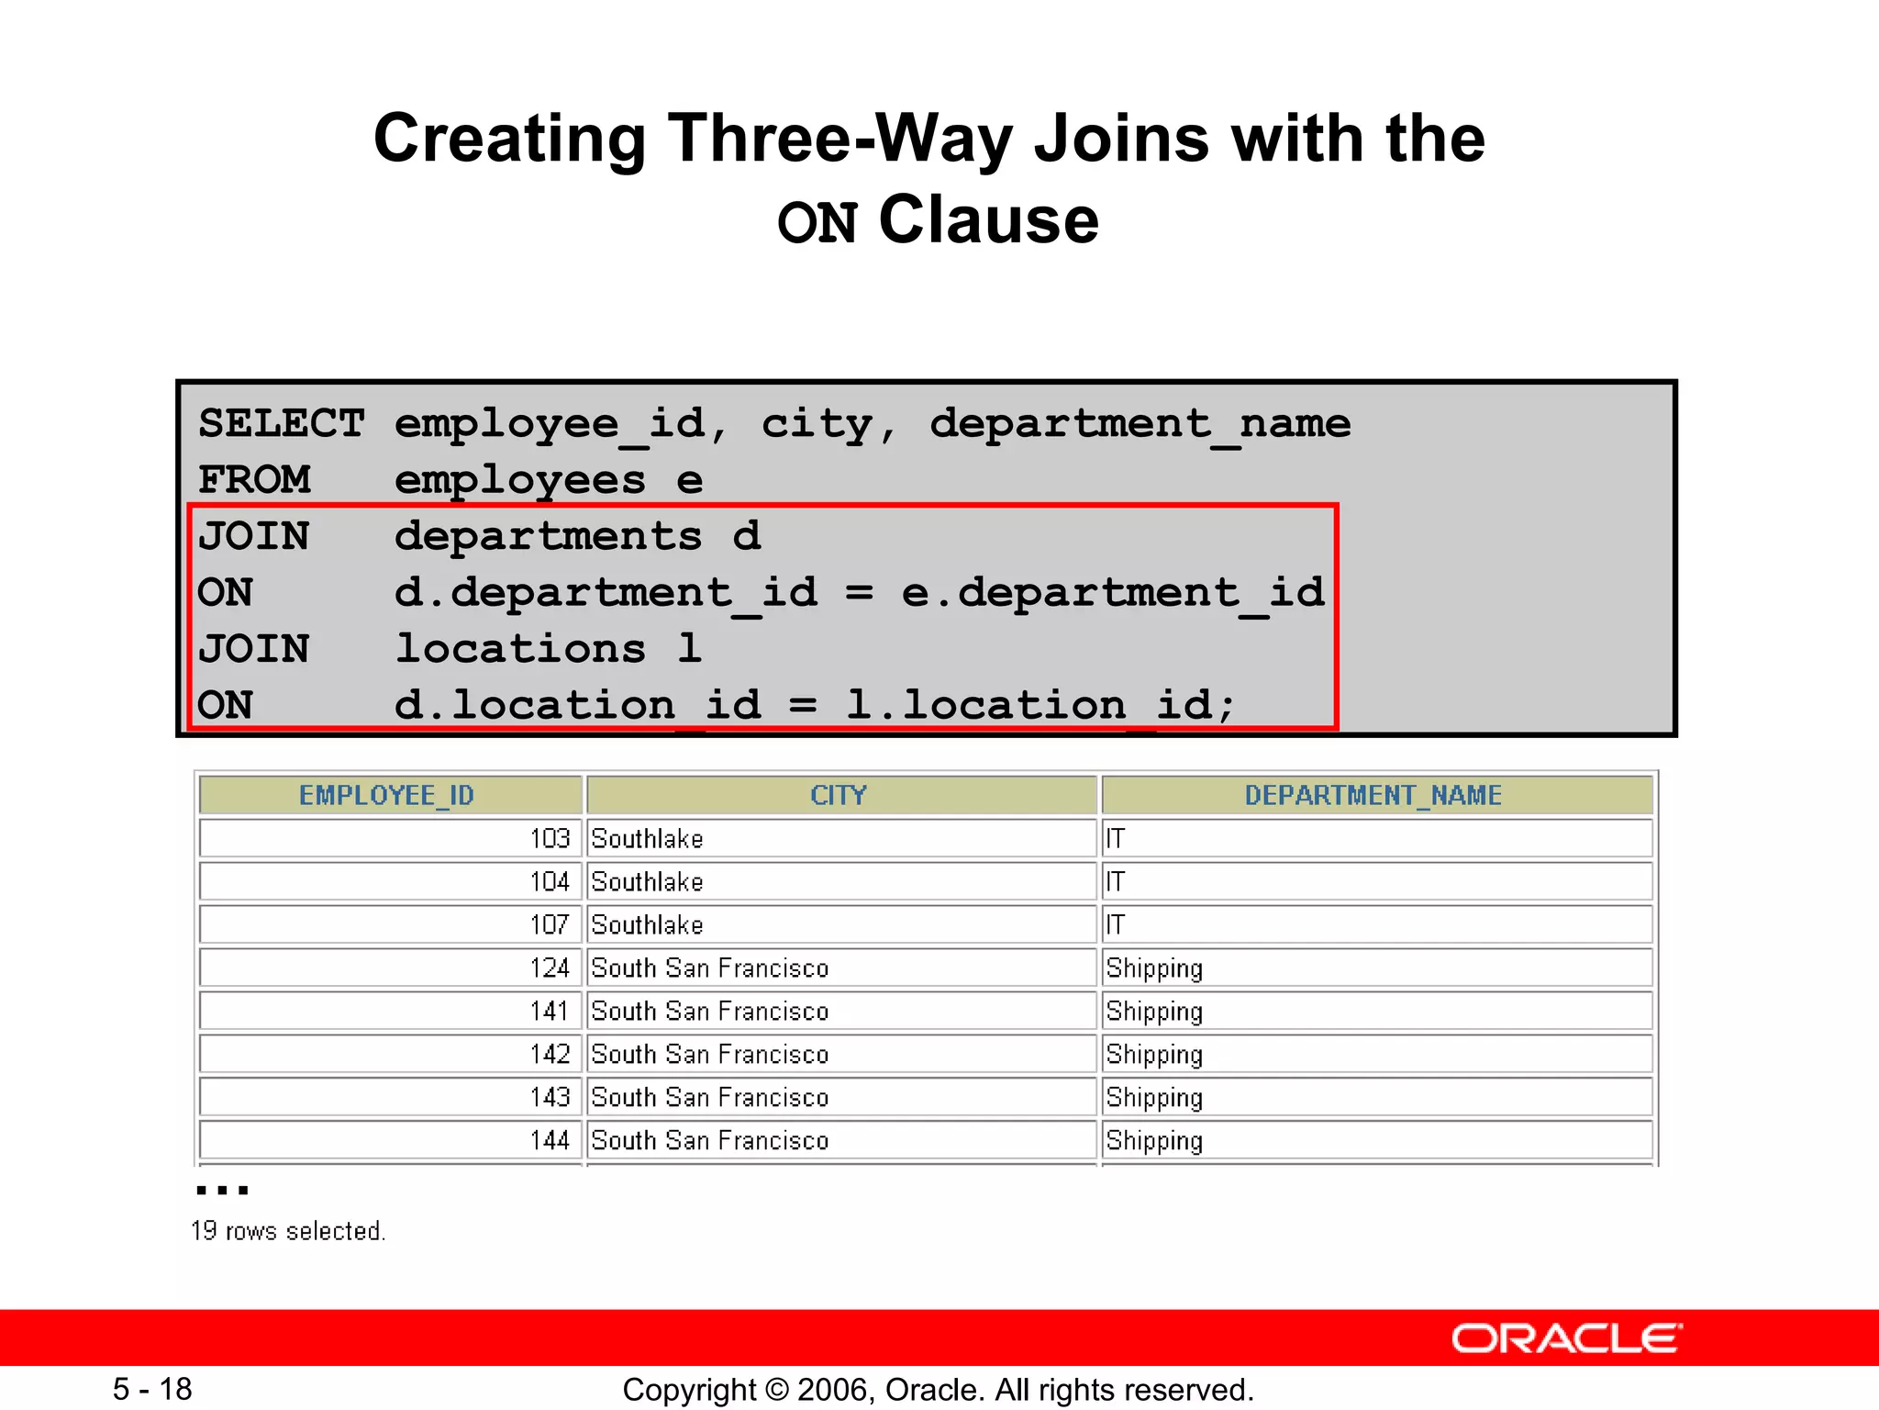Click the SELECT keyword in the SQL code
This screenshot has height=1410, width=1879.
click(x=282, y=423)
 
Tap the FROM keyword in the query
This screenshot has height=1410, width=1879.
click(x=254, y=479)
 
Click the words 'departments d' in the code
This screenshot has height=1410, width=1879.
click(x=577, y=535)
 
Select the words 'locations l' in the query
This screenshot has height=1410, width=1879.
click(x=548, y=648)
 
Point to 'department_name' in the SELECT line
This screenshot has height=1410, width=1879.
click(x=1140, y=423)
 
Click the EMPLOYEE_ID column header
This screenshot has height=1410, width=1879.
click(x=386, y=795)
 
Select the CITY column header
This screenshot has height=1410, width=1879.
click(x=838, y=795)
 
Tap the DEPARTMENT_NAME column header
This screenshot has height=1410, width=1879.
click(x=1373, y=795)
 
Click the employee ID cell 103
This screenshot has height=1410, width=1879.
click(x=550, y=838)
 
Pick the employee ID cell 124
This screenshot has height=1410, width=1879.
click(x=550, y=968)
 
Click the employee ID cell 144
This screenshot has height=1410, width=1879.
click(x=550, y=1140)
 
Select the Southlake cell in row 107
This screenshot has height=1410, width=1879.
click(x=647, y=924)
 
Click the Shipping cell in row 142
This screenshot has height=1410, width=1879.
click(x=1154, y=1054)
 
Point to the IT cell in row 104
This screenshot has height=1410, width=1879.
click(x=1115, y=881)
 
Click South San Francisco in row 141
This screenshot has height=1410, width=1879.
click(x=709, y=1011)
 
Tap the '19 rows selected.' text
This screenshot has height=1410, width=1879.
click(x=288, y=1231)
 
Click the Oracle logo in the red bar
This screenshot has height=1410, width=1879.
click(x=1566, y=1338)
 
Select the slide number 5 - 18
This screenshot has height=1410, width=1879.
click(x=152, y=1389)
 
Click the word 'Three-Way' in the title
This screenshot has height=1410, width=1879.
click(x=841, y=138)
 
